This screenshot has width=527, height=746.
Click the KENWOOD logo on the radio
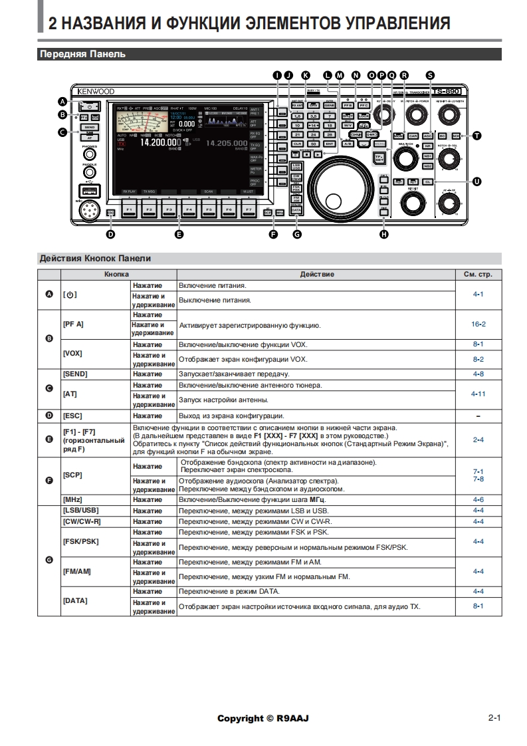[95, 91]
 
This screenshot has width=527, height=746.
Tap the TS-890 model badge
[445, 90]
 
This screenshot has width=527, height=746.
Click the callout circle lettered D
[110, 233]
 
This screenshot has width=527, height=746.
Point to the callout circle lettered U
[476, 181]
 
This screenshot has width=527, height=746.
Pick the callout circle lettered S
[430, 75]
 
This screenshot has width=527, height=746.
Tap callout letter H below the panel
[383, 233]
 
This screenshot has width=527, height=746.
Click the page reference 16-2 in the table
[478, 324]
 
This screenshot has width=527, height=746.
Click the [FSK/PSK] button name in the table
[80, 542]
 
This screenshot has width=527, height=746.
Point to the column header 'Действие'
[316, 274]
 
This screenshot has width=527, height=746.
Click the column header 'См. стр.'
[478, 274]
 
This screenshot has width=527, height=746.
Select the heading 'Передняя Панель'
[82, 55]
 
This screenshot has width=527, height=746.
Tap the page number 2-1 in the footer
[494, 718]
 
